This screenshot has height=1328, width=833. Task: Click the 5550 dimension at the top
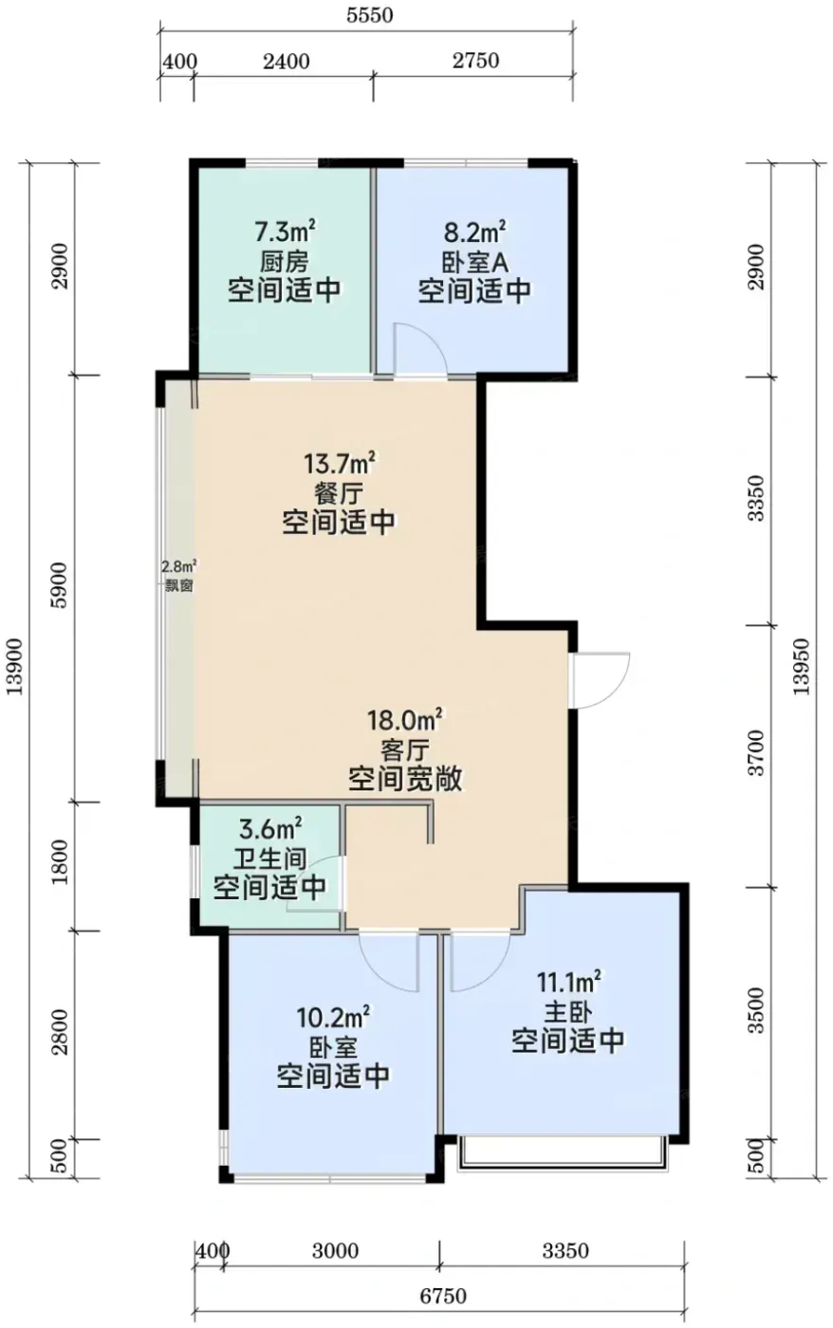(x=369, y=14)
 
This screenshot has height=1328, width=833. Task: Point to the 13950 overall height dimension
(x=802, y=667)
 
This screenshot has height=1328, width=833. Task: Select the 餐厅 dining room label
(x=338, y=493)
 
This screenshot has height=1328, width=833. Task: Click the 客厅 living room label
(x=405, y=751)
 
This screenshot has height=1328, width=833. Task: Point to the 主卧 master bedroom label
(x=567, y=1012)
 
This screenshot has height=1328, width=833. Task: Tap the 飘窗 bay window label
(x=179, y=586)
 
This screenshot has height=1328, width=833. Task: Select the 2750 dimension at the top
(x=475, y=61)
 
